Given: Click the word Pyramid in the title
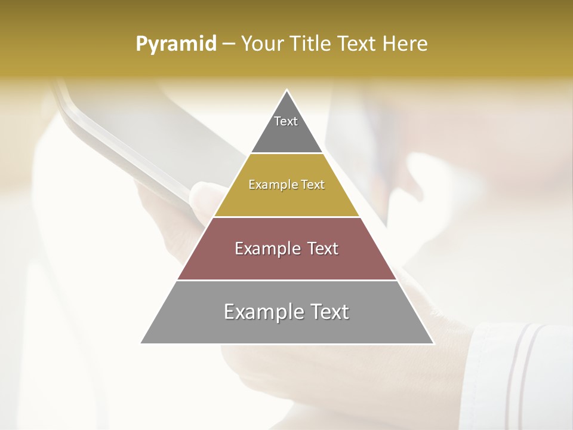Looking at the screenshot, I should pyautogui.click(x=176, y=44).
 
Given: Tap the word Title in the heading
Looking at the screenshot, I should pyautogui.click(x=311, y=44).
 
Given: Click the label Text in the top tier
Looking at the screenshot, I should pyautogui.click(x=286, y=121).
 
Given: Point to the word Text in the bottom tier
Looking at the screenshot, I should pyautogui.click(x=329, y=312).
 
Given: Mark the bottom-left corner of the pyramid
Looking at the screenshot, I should pyautogui.click(x=141, y=343).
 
